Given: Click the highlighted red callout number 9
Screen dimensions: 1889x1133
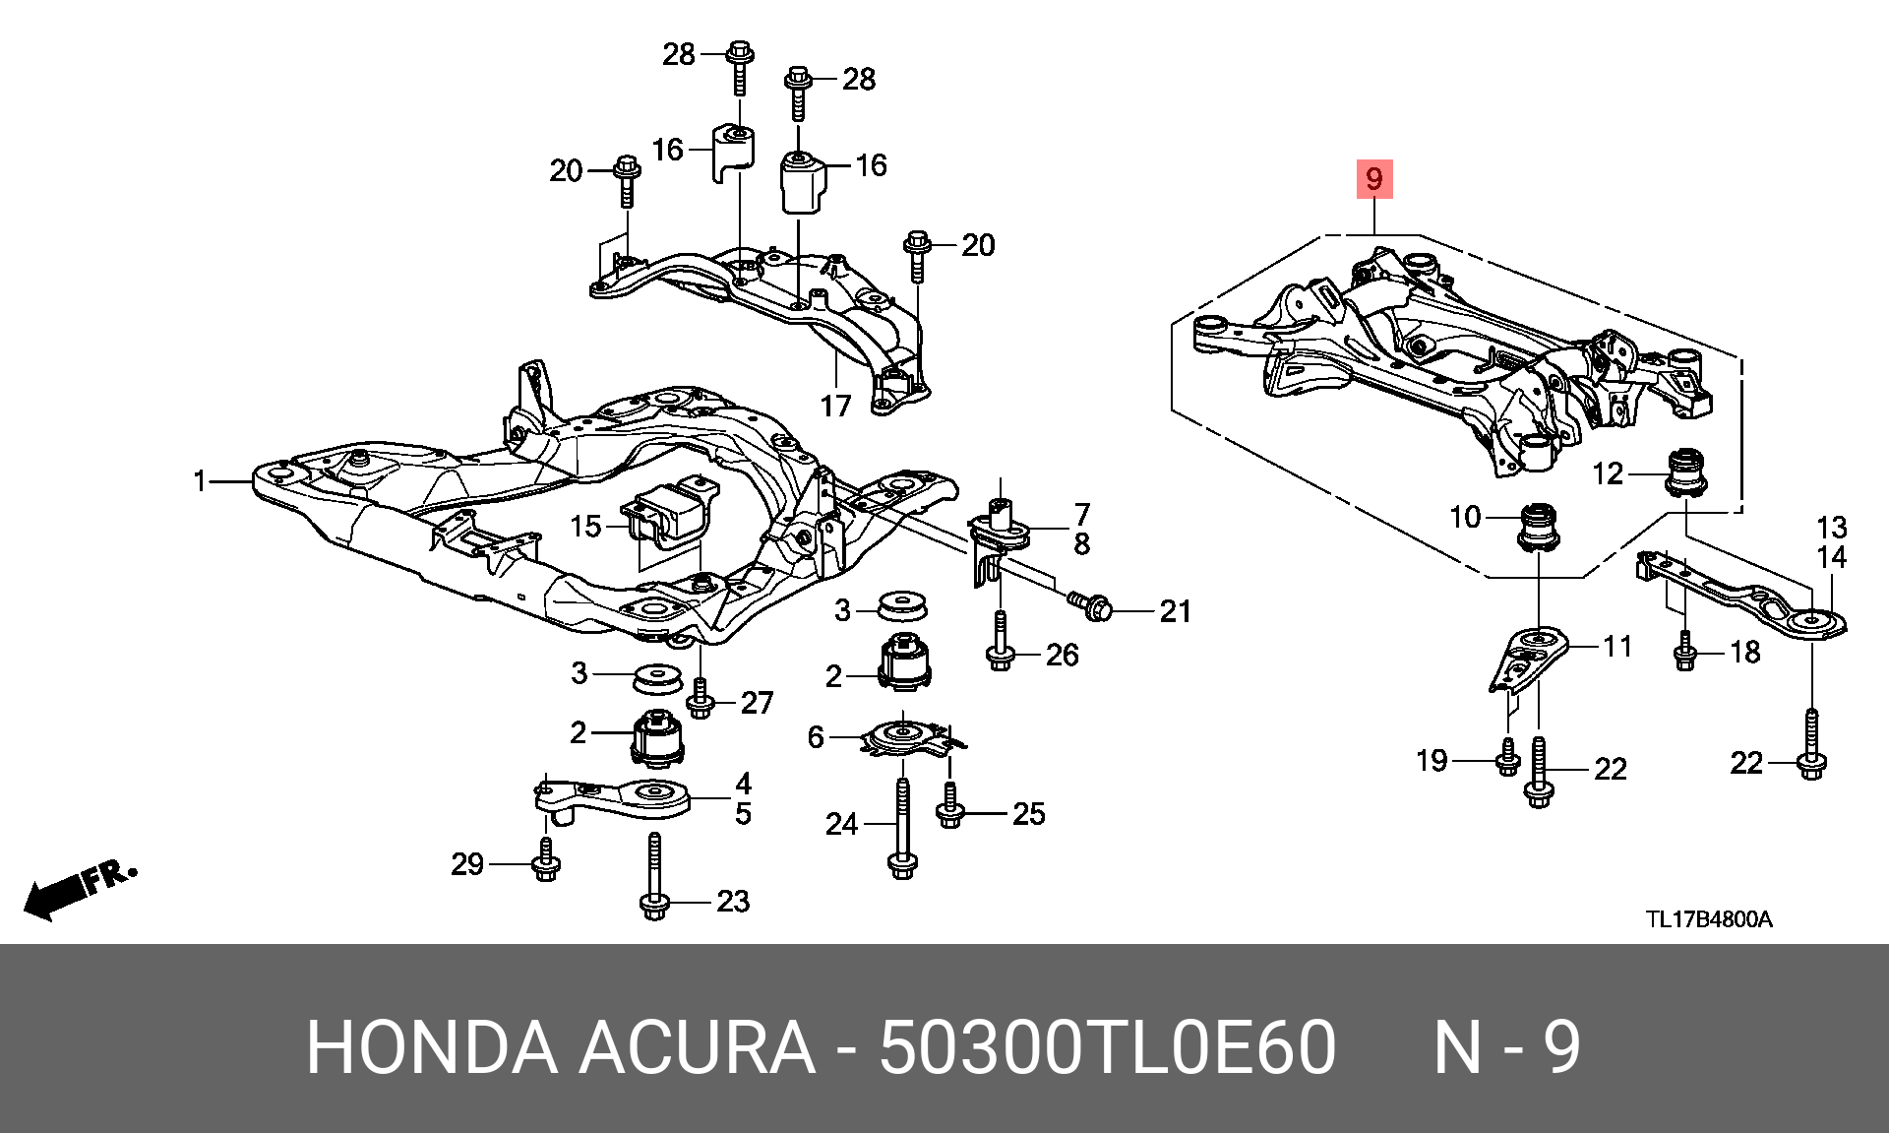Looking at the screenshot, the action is pyautogui.click(x=1374, y=179).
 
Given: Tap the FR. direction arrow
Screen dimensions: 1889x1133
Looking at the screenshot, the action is pyautogui.click(x=79, y=889).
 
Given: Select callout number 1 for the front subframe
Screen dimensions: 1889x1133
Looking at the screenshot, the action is pyautogui.click(x=201, y=481).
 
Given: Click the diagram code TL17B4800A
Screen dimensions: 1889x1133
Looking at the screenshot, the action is pyautogui.click(x=1710, y=919).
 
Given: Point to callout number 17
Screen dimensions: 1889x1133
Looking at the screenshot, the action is pyautogui.click(x=835, y=406).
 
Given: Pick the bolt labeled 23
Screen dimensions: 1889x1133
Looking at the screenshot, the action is pyautogui.click(x=654, y=877).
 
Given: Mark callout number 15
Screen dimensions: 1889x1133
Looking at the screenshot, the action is pyautogui.click(x=585, y=527).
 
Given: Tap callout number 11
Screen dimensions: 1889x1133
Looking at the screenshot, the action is pyautogui.click(x=1618, y=647).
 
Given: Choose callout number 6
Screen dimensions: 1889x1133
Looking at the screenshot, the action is pyautogui.click(x=816, y=736).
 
